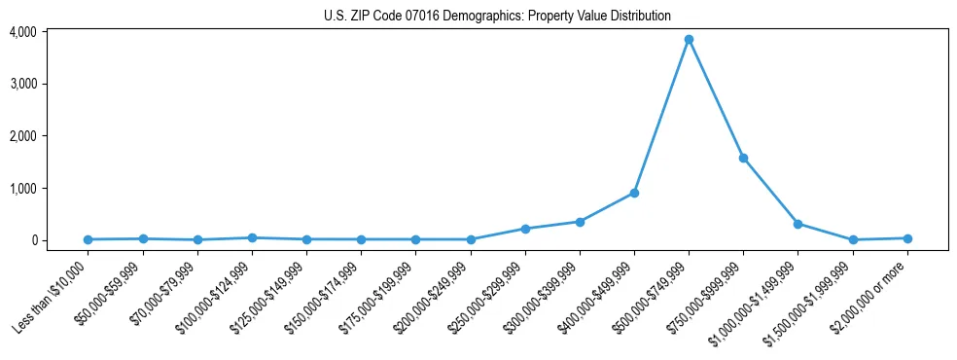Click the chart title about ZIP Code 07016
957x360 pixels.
[x=497, y=16]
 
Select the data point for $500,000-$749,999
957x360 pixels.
[x=689, y=40]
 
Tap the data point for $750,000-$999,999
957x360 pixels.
[x=743, y=158]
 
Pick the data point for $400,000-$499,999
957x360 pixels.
[x=634, y=193]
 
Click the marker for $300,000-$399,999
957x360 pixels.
[x=580, y=222]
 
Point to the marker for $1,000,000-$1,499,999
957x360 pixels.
[x=797, y=224]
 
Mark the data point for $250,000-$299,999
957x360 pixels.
[x=525, y=229]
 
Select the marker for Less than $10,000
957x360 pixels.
[x=89, y=239]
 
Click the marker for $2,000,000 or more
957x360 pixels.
[x=907, y=238]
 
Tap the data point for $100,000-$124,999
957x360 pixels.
[x=252, y=237]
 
